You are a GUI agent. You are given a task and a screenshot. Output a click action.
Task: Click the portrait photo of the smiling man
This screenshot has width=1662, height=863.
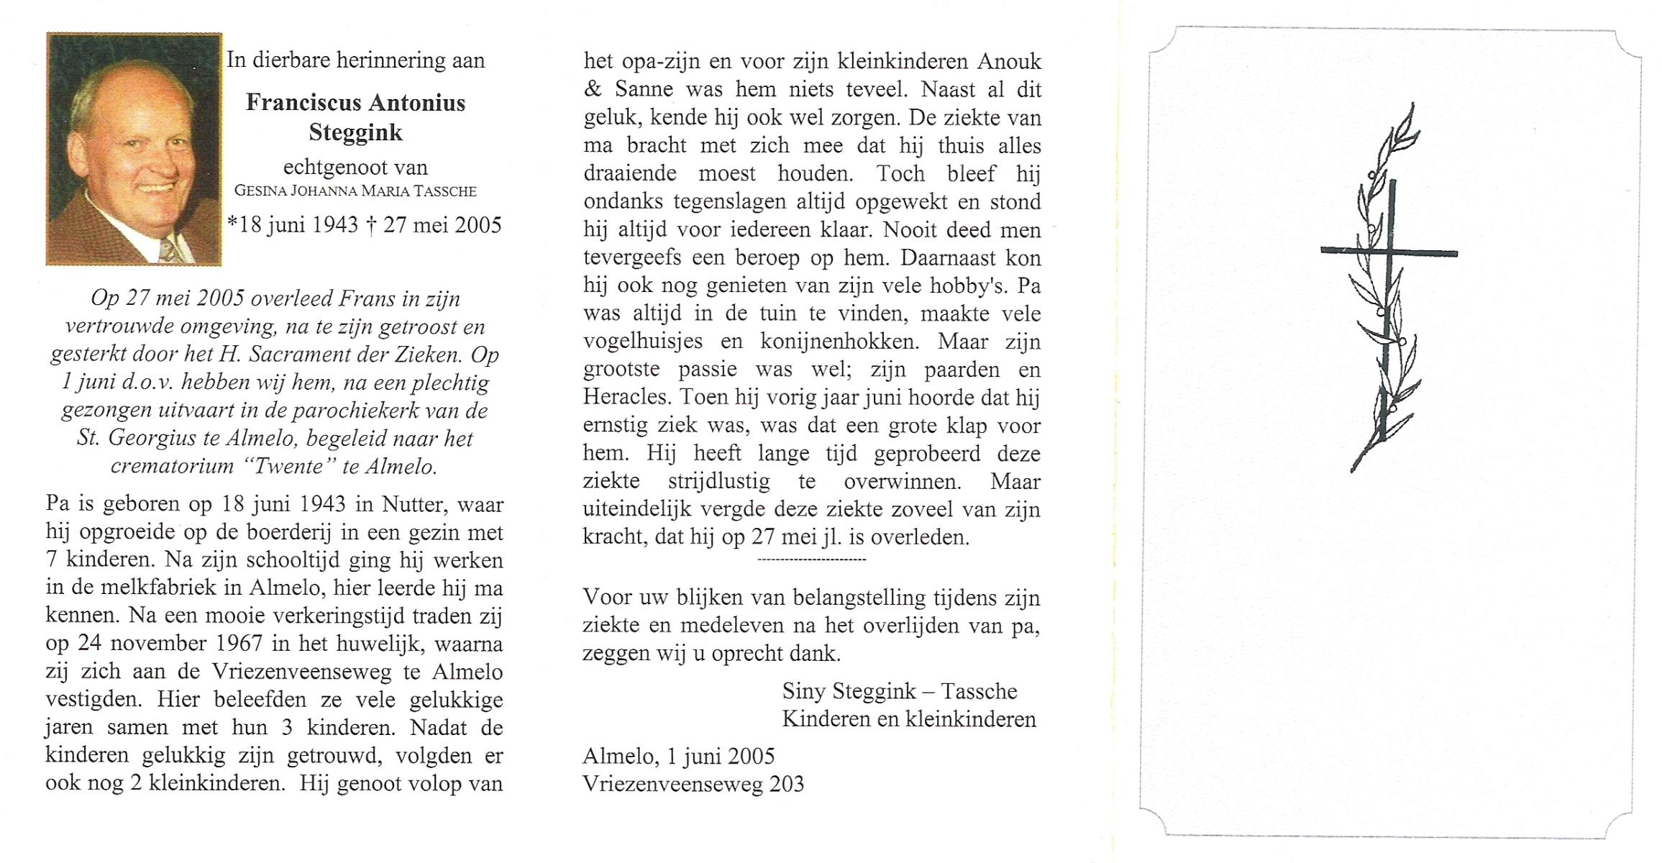tap(134, 149)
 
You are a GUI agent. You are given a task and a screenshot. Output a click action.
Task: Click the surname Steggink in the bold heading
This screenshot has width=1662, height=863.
tap(355, 132)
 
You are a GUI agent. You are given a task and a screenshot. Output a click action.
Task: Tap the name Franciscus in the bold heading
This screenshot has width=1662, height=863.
tap(298, 103)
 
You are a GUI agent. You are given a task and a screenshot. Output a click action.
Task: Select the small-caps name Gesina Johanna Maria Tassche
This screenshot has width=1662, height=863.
tap(355, 191)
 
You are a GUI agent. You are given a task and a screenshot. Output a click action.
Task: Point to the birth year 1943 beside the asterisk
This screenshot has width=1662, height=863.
tap(334, 225)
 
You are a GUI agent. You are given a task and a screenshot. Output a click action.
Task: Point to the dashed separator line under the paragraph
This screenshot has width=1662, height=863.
tap(812, 559)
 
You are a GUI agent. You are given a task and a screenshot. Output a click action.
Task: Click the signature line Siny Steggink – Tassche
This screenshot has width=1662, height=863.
tap(899, 691)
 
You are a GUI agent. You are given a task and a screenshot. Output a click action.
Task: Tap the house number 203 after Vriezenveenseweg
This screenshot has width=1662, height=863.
tap(786, 784)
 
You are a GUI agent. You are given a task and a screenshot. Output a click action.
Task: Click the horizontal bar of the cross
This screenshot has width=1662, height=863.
tap(1388, 252)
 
